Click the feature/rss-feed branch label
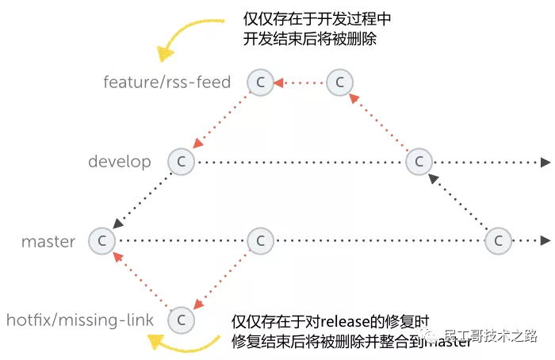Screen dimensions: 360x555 click(x=166, y=82)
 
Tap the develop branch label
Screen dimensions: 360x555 click(x=120, y=162)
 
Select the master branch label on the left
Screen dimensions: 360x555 click(x=48, y=241)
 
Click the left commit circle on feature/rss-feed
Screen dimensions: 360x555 click(x=260, y=82)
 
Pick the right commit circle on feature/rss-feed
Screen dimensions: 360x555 click(x=339, y=82)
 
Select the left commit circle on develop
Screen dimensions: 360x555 click(x=181, y=162)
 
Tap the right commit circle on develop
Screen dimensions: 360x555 click(x=418, y=162)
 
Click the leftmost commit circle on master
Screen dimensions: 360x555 click(x=101, y=240)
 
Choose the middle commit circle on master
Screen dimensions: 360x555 click(x=260, y=240)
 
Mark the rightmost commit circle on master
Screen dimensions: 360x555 click(x=498, y=240)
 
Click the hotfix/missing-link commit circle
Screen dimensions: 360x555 click(x=181, y=320)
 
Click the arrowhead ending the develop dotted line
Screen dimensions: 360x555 click(x=545, y=163)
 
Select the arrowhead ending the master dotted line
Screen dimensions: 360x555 click(x=545, y=240)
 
